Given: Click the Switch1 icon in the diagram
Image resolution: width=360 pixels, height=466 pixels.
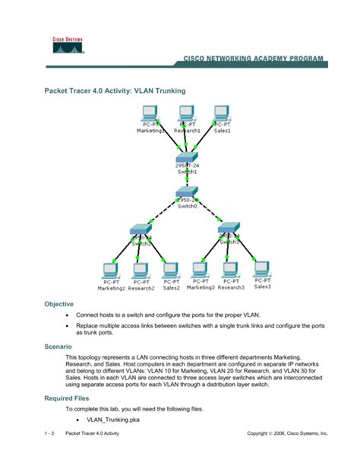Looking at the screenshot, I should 186,157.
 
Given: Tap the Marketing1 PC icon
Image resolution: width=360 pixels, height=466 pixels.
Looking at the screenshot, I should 150,113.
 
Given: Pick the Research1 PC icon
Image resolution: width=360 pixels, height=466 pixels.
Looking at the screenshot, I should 186,113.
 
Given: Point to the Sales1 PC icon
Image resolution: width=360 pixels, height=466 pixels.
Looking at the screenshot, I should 221,113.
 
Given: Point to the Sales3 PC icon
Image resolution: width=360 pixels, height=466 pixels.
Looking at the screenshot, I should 261,269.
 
